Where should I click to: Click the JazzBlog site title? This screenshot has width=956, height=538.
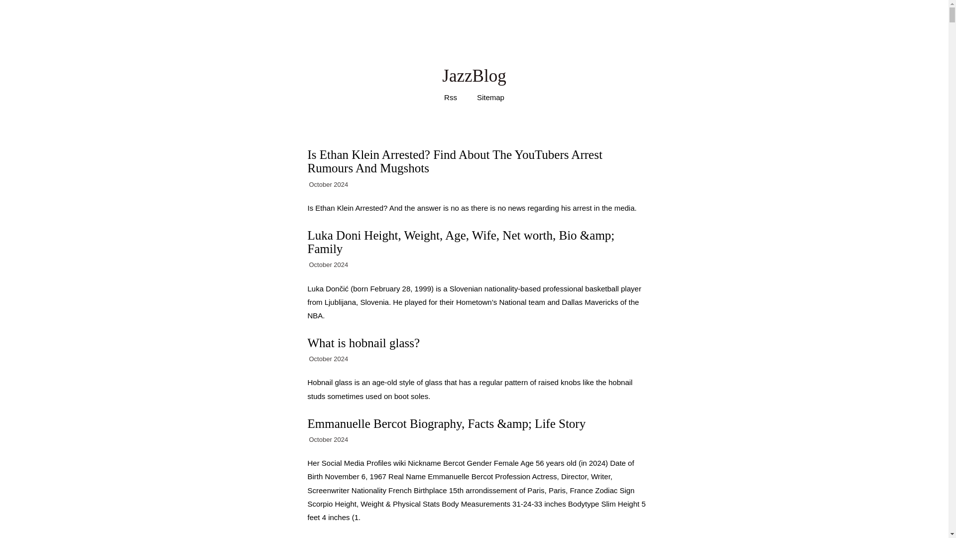coord(474,76)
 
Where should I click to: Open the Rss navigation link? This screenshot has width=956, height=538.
coord(450,98)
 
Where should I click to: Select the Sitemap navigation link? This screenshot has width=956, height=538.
coord(490,98)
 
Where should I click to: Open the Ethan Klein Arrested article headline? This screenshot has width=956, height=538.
coord(454,161)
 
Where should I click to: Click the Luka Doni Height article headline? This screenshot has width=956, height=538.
coord(461,242)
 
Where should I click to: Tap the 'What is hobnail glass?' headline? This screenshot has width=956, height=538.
coord(363,343)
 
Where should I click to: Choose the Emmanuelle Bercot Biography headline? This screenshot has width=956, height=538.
coord(446,424)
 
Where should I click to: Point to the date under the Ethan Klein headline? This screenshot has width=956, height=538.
coord(328,185)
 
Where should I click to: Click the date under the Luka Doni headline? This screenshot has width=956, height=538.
coord(328,265)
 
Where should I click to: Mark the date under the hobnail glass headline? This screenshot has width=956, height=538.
coord(328,359)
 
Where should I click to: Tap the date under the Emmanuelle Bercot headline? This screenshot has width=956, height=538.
coord(328,440)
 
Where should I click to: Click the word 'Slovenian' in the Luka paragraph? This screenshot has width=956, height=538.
coord(466,289)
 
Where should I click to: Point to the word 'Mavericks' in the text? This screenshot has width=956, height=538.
coord(601,302)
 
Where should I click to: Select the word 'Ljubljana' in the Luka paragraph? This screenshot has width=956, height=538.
coord(340,302)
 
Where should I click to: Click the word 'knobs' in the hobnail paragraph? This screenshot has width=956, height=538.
coord(570,383)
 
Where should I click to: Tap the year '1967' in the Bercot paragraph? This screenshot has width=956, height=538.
coord(377,477)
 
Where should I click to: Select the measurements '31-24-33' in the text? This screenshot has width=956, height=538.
coord(527,504)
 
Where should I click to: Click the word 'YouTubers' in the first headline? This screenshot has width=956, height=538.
coord(541,155)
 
